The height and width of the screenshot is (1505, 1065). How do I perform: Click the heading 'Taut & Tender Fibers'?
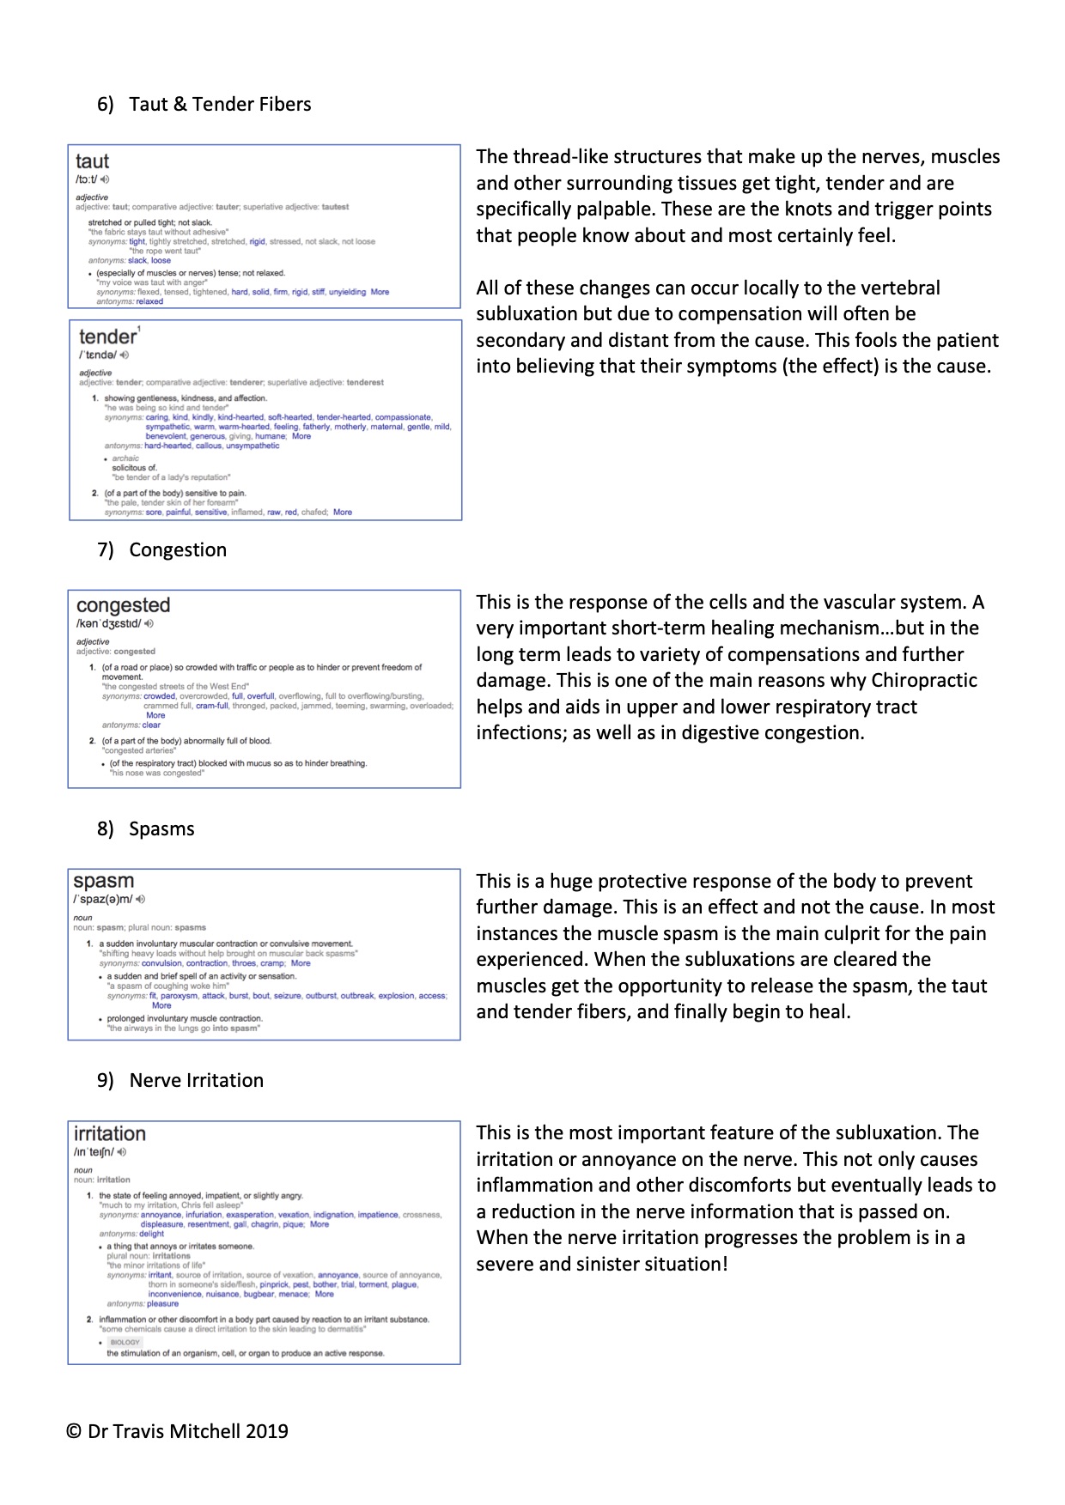click(220, 105)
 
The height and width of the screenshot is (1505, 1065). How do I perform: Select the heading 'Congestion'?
click(178, 550)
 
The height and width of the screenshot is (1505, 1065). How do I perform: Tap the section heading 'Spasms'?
click(161, 829)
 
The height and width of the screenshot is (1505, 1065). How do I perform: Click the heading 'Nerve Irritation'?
click(196, 1081)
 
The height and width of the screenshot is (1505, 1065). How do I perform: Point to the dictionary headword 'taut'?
click(92, 161)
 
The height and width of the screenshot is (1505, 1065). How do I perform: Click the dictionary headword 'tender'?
click(107, 337)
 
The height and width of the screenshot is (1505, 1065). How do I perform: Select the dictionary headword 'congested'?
click(123, 605)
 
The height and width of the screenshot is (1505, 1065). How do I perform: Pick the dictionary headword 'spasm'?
click(103, 881)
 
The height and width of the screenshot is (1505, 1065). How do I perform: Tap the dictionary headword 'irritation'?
click(109, 1133)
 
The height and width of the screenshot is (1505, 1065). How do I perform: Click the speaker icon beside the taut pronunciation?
click(105, 179)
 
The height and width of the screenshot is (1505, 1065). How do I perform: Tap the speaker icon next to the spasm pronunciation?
click(141, 900)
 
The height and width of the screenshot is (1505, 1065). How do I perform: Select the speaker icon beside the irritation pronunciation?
click(122, 1152)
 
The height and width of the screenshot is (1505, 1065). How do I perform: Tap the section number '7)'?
click(105, 550)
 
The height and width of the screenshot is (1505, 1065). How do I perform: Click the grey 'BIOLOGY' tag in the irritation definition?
click(125, 1342)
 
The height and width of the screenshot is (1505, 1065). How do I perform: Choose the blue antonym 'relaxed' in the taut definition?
click(149, 301)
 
